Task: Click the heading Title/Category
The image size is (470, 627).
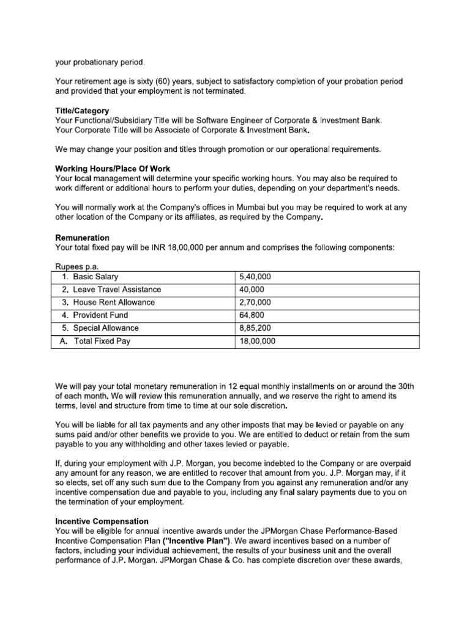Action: click(x=82, y=111)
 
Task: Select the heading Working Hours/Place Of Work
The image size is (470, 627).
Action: click(x=113, y=168)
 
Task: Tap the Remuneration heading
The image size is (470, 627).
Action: click(x=83, y=237)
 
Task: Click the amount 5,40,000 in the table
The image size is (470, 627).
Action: click(x=255, y=277)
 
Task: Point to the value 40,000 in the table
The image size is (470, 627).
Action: click(x=252, y=290)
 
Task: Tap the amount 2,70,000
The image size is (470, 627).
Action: click(x=255, y=302)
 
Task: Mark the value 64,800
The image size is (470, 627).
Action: click(x=252, y=315)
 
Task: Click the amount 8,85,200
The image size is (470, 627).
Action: click(x=255, y=328)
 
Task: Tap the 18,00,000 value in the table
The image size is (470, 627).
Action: click(x=257, y=342)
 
